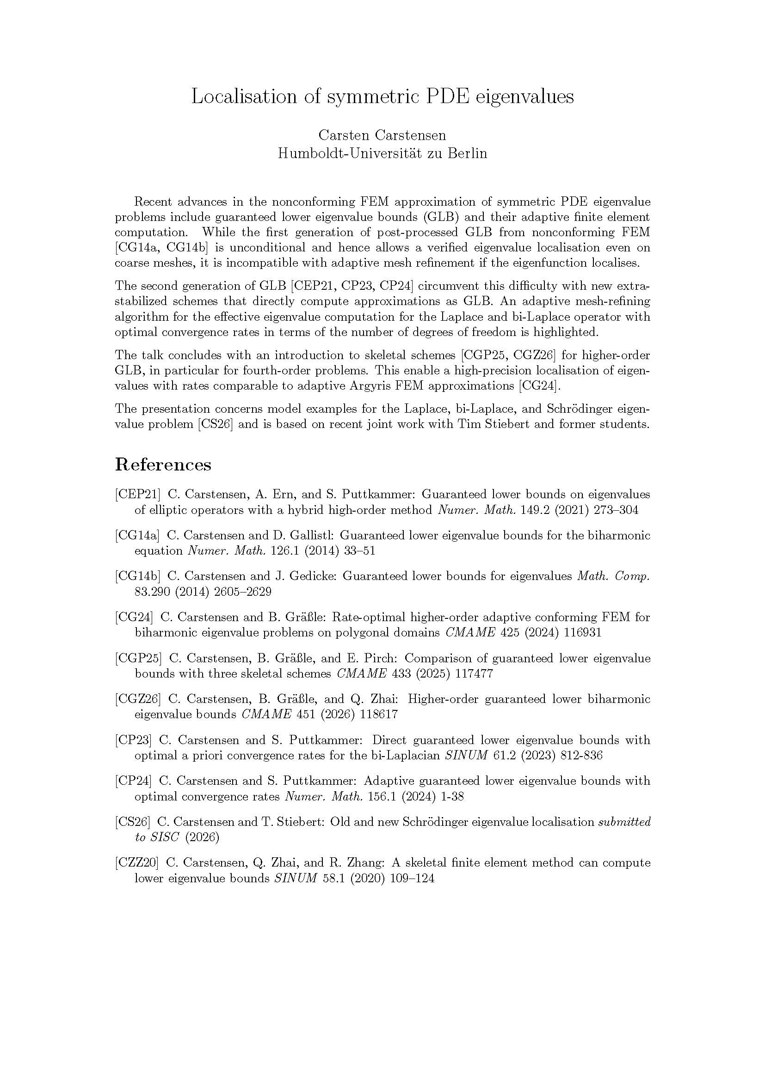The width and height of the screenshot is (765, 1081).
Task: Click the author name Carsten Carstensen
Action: coord(382,135)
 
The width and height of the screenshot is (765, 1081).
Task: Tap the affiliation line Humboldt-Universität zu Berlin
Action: coord(382,153)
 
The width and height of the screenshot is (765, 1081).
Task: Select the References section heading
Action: coord(163,464)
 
